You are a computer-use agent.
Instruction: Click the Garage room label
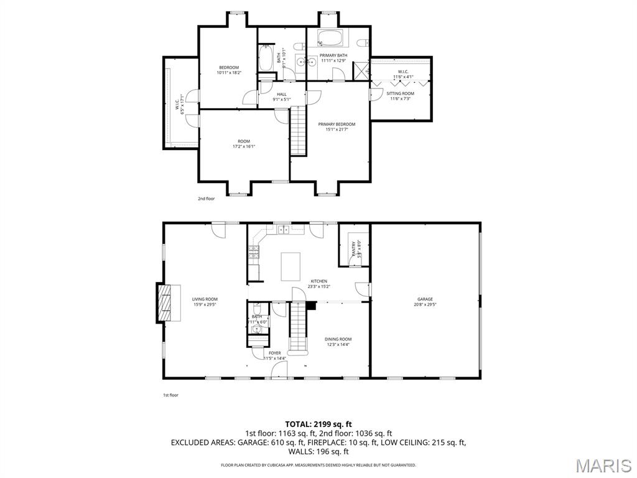[x=425, y=302]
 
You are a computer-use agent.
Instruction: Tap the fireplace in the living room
[x=164, y=302]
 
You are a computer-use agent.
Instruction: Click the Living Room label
[x=205, y=302]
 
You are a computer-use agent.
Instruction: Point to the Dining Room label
[x=338, y=341]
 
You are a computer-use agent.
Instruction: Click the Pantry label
[x=354, y=249]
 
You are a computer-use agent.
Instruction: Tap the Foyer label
[x=274, y=355]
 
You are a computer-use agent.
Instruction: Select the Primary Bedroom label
[x=333, y=126]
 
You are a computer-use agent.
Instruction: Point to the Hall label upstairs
[x=282, y=96]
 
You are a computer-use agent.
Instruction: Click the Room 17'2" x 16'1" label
[x=244, y=144]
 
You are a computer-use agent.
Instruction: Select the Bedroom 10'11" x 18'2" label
[x=229, y=70]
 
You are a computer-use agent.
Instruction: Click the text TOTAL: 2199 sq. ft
[x=318, y=424]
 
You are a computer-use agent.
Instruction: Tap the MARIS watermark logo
[x=603, y=466]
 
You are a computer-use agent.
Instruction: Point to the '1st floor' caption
[x=170, y=395]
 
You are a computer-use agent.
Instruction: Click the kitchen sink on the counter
[x=284, y=229]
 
